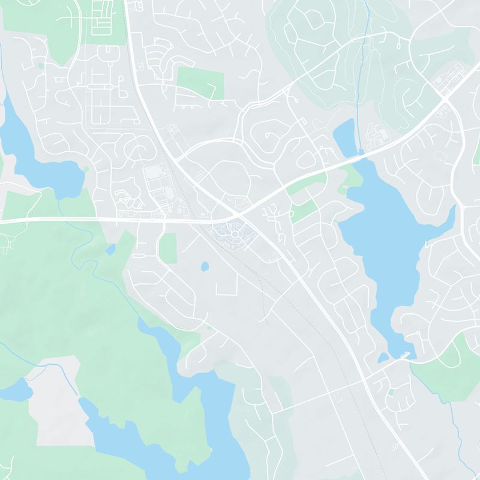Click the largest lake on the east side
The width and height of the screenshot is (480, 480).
point(384,240)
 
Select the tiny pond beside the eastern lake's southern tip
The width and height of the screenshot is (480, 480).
point(383,358)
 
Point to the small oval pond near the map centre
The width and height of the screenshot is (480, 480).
point(205,265)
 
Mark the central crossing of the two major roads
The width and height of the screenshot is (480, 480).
point(238,214)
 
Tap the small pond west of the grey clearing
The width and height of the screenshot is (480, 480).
point(17,390)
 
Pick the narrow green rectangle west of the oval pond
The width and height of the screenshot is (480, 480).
point(168,247)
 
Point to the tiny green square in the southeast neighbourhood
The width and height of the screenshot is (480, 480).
point(391,392)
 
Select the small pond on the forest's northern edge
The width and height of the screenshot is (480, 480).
point(111,248)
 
